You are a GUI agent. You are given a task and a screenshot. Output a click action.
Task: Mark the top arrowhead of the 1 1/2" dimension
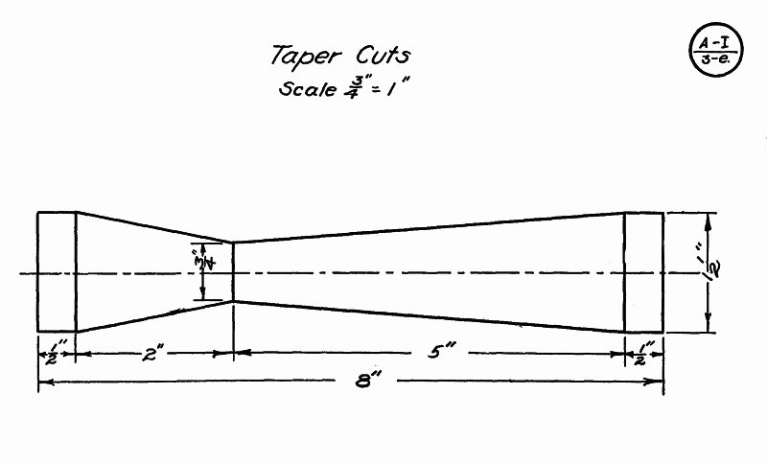(709, 218)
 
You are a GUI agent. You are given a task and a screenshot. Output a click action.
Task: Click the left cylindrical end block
(57, 271)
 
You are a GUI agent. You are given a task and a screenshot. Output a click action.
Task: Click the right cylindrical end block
(643, 271)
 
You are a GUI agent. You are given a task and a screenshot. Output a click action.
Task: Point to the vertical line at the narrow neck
(234, 271)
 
